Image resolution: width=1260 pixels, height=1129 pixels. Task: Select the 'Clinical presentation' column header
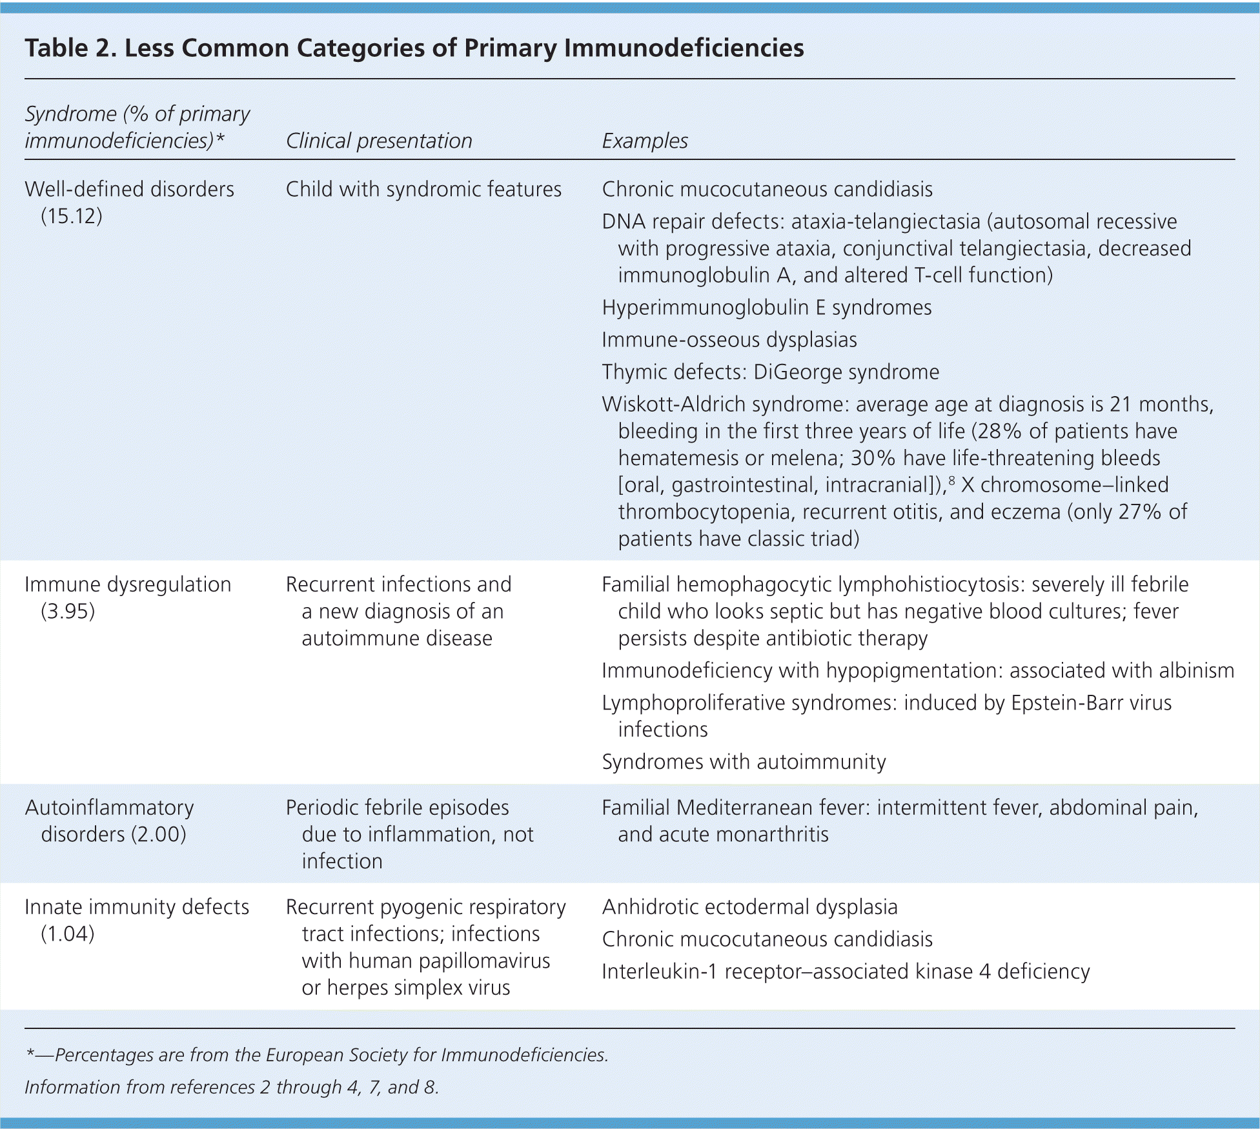coord(379,141)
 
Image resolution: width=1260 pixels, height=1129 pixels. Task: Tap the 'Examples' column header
coord(645,141)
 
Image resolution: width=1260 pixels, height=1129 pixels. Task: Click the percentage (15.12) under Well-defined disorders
coord(72,216)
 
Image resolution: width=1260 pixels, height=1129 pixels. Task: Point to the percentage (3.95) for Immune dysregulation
coord(68,611)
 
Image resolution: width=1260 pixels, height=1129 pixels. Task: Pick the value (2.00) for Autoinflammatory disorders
coord(159,834)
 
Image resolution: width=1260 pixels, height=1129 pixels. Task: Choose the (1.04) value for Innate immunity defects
coord(68,934)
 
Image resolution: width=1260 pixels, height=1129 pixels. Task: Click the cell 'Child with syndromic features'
coord(423,189)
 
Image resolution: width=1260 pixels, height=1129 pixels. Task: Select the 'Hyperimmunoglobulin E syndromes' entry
coord(767,307)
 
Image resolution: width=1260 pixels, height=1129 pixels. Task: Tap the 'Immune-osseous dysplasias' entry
coord(729,339)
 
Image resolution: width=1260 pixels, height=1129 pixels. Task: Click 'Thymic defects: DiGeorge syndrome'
coord(771,372)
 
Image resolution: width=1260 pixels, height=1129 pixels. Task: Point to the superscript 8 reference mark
coord(951,480)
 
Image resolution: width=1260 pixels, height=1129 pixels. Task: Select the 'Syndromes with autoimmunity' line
coord(744,762)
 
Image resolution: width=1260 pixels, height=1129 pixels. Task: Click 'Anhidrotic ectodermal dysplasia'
coord(749,907)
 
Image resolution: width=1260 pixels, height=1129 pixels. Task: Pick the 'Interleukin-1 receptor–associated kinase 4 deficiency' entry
coord(846,972)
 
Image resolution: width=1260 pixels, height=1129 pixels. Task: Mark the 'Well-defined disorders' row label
coord(129,189)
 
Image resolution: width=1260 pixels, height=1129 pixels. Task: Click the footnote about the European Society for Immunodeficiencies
coord(317,1055)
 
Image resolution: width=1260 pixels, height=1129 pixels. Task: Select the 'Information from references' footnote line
coord(232,1087)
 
